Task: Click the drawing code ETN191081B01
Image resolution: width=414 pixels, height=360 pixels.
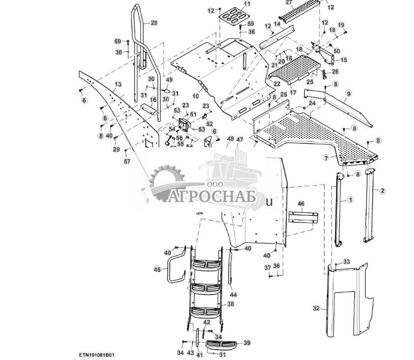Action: tap(96, 355)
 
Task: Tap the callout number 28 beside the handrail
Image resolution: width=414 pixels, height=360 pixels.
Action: tap(154, 23)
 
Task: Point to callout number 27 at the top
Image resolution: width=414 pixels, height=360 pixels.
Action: tap(289, 2)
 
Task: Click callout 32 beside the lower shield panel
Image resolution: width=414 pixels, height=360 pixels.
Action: tap(316, 308)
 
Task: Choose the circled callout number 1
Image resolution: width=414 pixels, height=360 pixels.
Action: tap(350, 199)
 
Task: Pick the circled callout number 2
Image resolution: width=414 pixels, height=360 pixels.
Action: tap(382, 190)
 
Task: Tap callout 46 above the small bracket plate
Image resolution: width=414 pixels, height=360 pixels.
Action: tap(301, 203)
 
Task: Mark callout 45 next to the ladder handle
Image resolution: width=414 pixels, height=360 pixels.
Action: tap(157, 269)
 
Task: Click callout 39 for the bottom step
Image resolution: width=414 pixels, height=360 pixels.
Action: tap(247, 343)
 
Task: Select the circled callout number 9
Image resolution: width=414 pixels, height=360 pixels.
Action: tap(349, 93)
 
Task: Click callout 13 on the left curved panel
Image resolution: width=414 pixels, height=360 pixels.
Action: tap(118, 84)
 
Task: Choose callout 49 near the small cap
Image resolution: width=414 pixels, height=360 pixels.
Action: tap(169, 80)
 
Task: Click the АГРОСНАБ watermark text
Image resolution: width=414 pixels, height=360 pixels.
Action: tap(212, 197)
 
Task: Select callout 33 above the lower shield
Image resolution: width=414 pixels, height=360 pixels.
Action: tap(347, 262)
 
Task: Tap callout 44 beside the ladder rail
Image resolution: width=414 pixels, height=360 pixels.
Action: tap(233, 295)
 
